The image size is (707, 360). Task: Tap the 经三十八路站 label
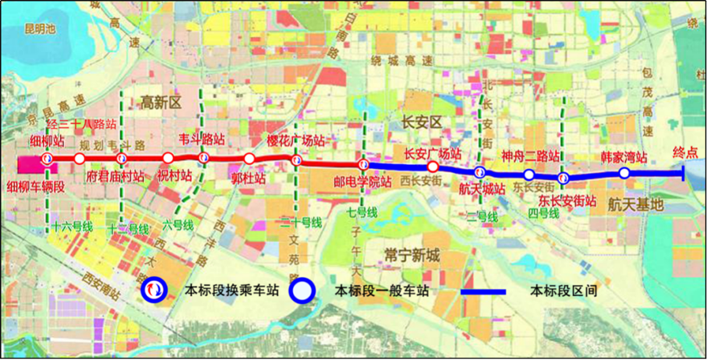[x=82, y=125]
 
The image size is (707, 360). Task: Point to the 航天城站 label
[x=482, y=189]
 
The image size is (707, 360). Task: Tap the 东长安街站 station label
[x=567, y=200]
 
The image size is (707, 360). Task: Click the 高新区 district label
[x=162, y=102]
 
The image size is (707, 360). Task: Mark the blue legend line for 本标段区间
[x=481, y=291]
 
